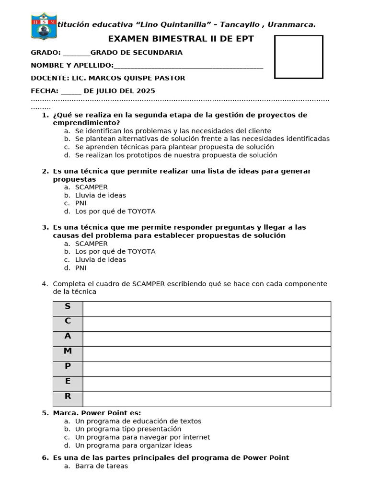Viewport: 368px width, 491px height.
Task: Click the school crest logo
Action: tap(44, 26)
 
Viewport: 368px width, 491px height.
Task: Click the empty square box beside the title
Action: tap(299, 57)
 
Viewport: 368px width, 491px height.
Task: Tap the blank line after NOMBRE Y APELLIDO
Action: tap(188, 66)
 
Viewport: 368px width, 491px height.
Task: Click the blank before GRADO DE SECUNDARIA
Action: tap(76, 53)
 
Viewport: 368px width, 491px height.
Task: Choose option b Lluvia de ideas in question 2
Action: tap(100, 195)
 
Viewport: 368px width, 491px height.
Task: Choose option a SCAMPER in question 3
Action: tap(91, 244)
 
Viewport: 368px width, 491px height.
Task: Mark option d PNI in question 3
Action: tap(80, 268)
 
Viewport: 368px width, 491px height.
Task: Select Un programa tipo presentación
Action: tap(128, 429)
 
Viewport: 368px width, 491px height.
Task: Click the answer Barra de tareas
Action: tap(101, 466)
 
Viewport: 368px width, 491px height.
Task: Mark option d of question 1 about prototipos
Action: tap(175, 155)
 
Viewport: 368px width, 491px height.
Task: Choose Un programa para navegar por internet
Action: tap(142, 437)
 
